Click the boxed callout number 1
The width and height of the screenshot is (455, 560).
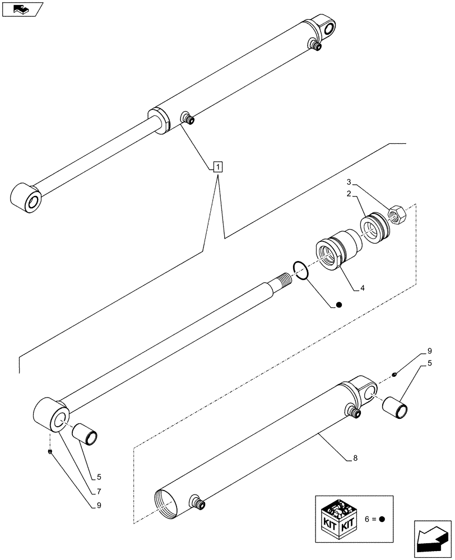tap(217, 166)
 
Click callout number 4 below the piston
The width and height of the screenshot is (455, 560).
tap(363, 288)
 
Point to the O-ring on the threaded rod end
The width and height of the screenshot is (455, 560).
tap(301, 270)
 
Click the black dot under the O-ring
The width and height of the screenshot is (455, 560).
tap(338, 305)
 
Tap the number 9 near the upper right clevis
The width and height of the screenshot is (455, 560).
tap(429, 351)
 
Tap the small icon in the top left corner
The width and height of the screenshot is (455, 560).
tap(22, 10)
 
